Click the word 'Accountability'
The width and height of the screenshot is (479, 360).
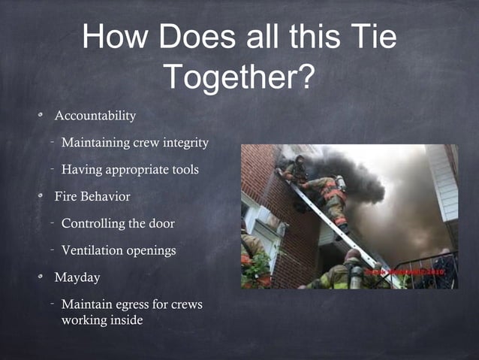pos(95,116)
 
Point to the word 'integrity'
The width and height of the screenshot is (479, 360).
pos(183,143)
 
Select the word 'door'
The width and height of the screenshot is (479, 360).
pos(161,224)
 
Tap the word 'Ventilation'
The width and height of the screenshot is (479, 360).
pos(93,250)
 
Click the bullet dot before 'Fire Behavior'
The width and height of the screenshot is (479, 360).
pos(44,197)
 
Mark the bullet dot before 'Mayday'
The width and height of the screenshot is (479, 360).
pos(44,277)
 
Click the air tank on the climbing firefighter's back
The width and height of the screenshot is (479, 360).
pos(342,183)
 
